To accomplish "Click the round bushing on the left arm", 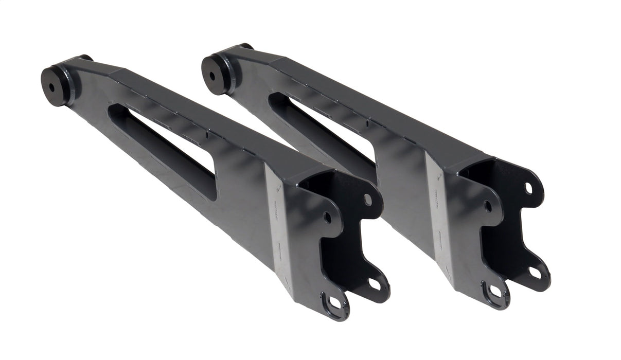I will tap(52, 85).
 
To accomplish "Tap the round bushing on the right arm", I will tap(214, 74).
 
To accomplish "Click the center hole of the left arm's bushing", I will tap(51, 86).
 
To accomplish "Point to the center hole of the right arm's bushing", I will tap(212, 76).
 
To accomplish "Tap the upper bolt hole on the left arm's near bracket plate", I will tap(327, 218).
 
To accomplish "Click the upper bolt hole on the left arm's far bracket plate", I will tap(367, 200).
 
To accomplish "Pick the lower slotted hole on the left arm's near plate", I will tap(335, 302).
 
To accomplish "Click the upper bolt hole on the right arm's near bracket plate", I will tap(487, 206).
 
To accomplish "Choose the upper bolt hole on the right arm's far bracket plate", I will tap(528, 188).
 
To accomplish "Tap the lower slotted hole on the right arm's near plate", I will tap(495, 291).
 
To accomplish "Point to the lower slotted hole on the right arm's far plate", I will tap(535, 272).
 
